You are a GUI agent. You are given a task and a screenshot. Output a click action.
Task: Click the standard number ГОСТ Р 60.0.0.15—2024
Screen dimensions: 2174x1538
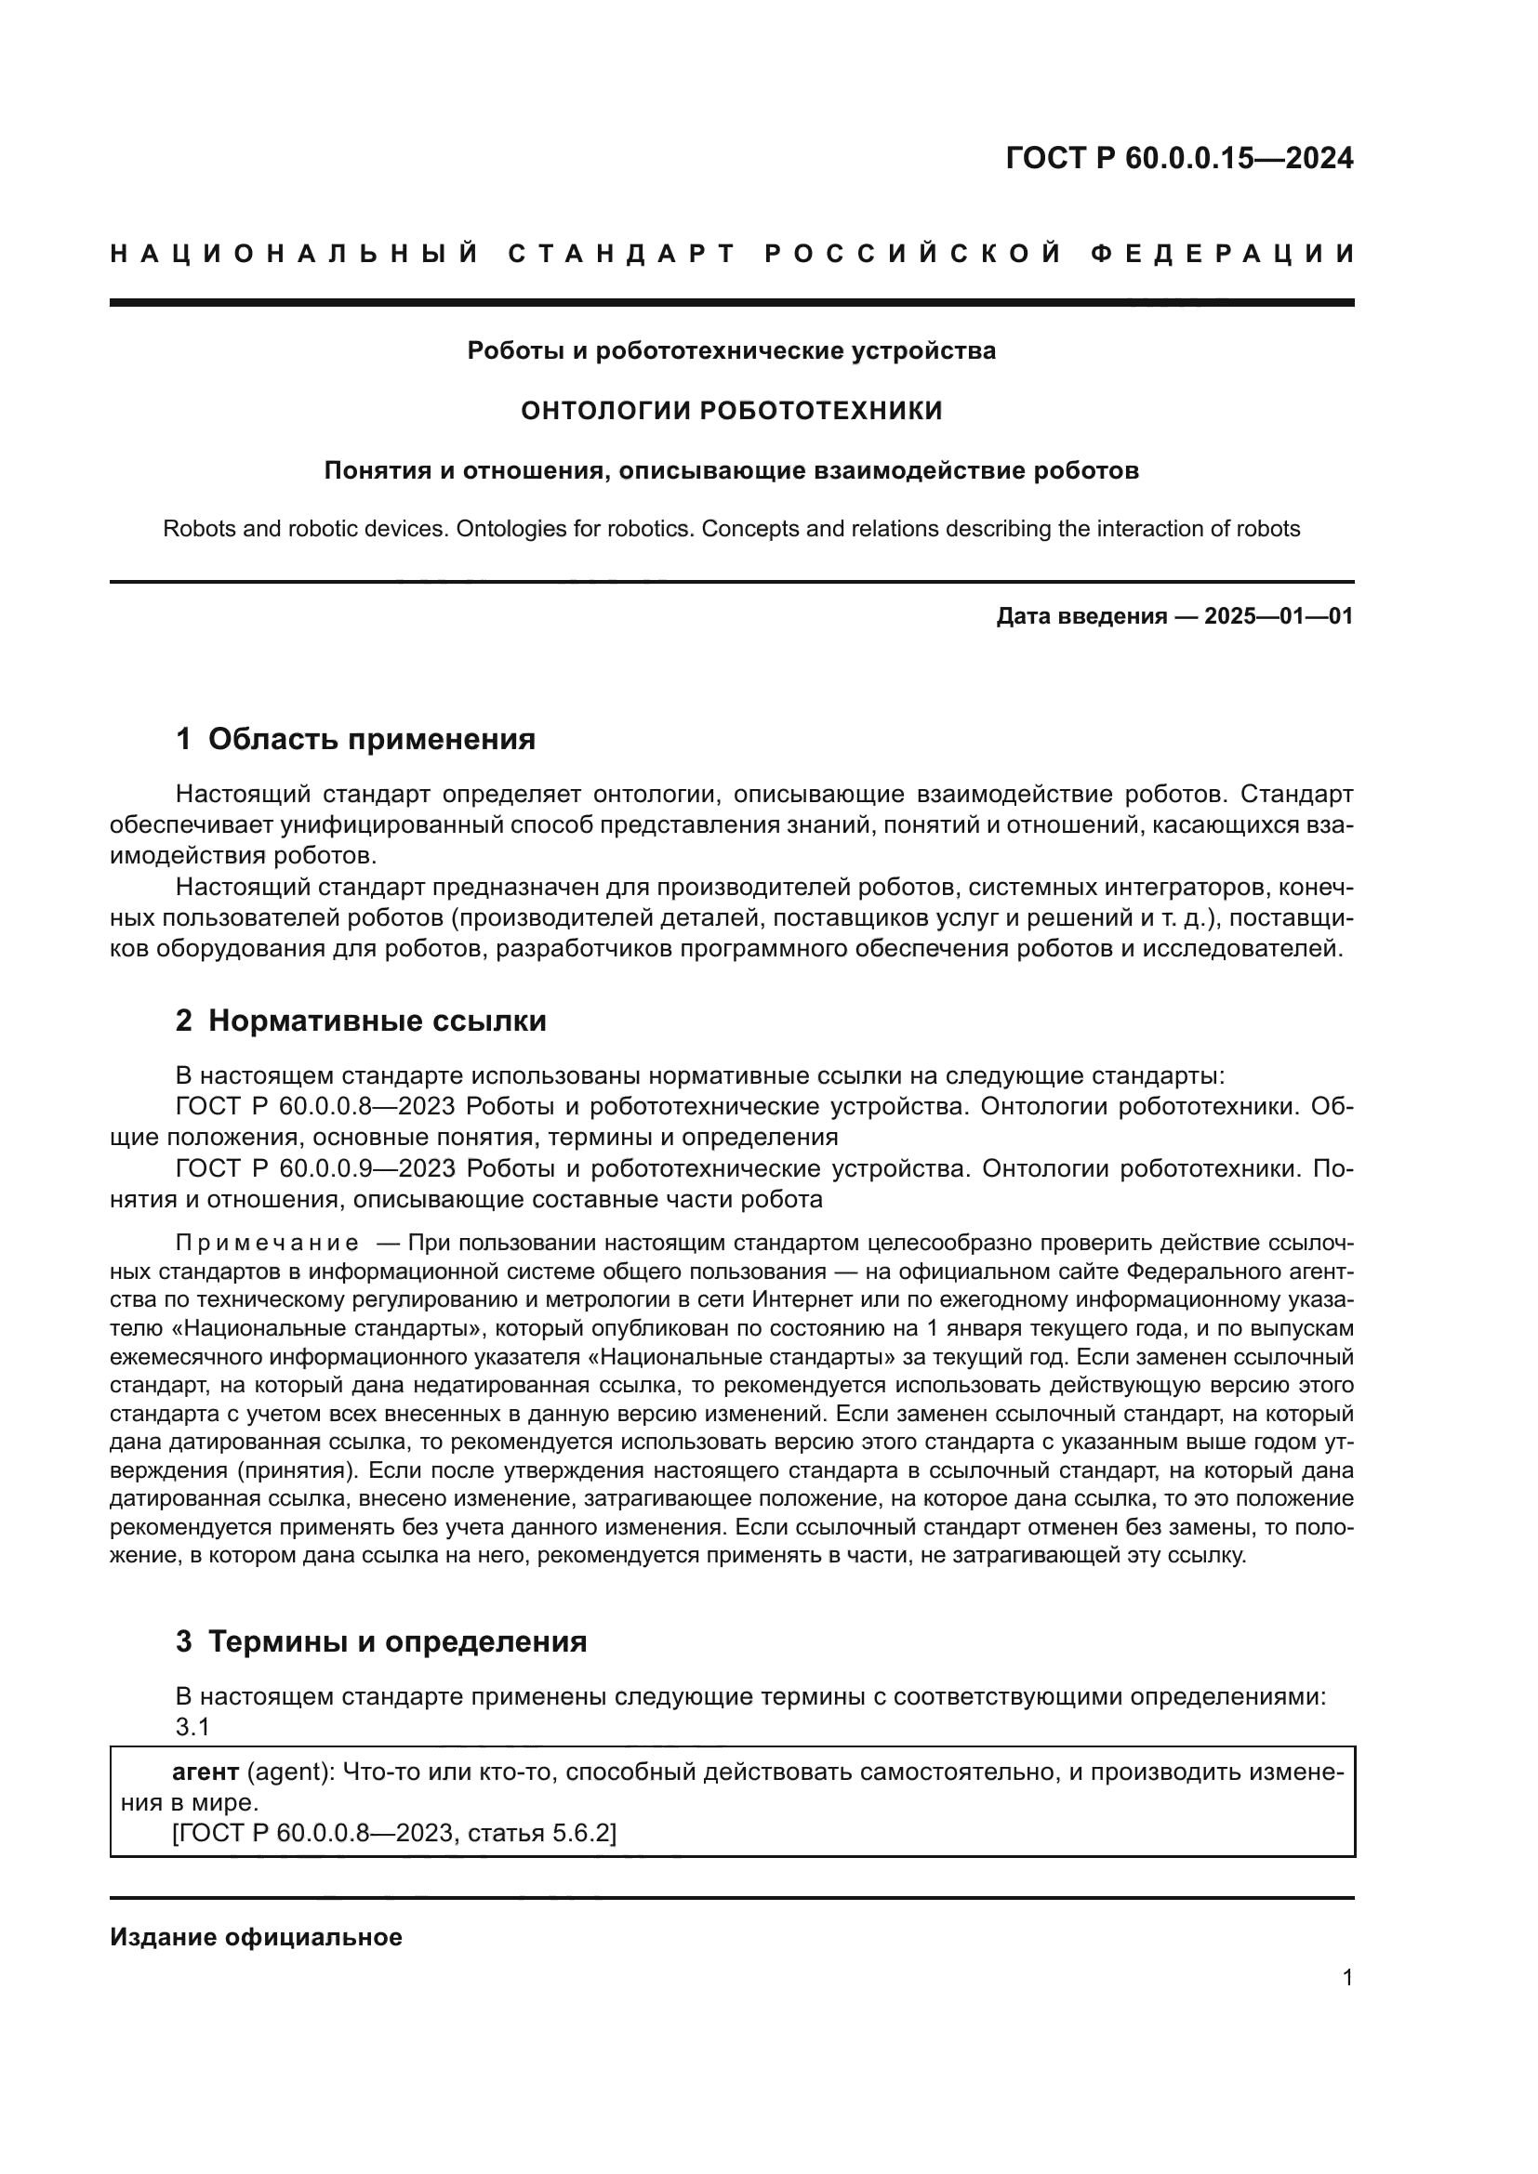coord(1179,158)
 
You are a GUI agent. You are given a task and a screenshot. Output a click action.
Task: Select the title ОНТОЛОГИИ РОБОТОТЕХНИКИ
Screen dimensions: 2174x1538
coord(732,411)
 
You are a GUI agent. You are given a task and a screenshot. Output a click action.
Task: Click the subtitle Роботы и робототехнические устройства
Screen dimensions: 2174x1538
coord(732,351)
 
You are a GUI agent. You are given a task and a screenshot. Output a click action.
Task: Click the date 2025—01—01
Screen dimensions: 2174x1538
coord(1278,616)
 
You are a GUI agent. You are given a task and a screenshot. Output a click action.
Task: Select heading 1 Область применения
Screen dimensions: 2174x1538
coord(355,739)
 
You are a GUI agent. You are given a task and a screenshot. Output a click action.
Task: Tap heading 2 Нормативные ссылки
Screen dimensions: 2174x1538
coord(361,1021)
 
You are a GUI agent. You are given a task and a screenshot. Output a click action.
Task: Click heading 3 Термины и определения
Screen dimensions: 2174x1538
coord(380,1641)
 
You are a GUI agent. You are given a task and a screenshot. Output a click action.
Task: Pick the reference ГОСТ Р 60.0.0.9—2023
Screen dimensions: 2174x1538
coord(315,1168)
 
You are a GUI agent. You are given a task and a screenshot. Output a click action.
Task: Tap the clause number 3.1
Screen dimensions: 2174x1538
coord(192,1727)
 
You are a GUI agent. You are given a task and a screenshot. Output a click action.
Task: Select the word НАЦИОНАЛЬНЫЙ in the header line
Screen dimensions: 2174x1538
coord(295,254)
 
